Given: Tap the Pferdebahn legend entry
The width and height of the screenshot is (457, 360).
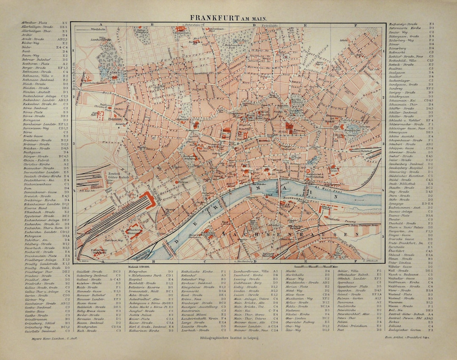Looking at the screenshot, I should click(98, 30).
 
